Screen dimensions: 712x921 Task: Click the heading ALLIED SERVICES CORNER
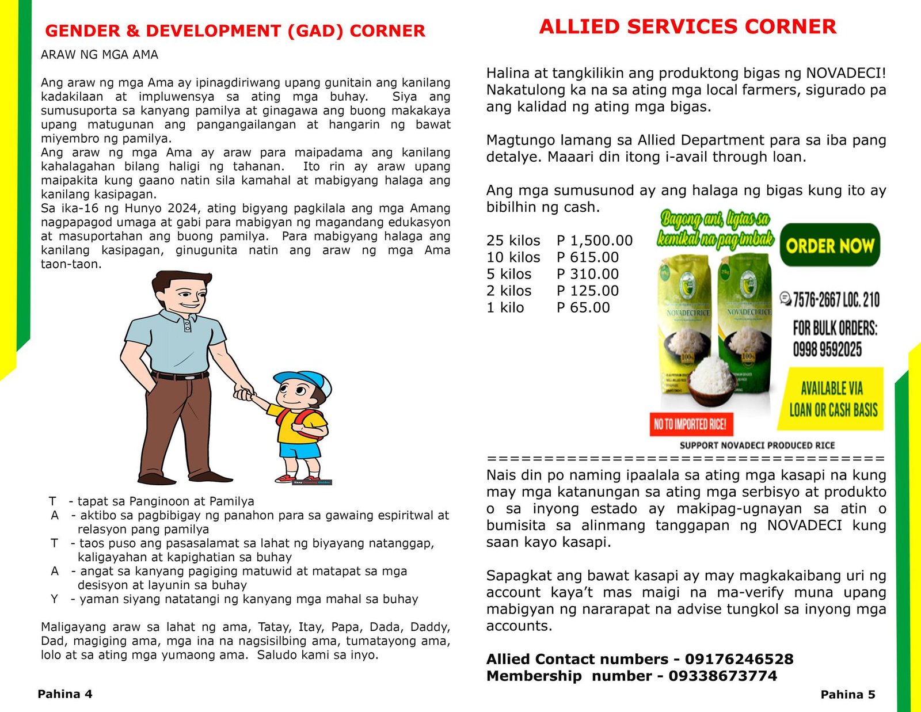tap(687, 27)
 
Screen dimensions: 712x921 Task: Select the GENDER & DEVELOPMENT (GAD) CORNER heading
tap(235, 31)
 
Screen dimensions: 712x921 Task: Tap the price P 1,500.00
tap(594, 241)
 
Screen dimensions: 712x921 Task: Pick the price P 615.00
tap(587, 257)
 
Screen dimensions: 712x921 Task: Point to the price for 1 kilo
tap(583, 307)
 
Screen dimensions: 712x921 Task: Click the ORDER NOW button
tap(829, 246)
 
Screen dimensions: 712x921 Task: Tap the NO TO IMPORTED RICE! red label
tap(690, 425)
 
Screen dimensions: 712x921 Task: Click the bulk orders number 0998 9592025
tap(827, 349)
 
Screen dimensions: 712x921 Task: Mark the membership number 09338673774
tap(722, 676)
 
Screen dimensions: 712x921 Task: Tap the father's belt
tap(181, 376)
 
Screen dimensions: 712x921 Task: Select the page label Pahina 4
tap(64, 694)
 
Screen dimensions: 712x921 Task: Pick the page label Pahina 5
tap(847, 695)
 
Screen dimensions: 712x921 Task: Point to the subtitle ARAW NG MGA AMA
tap(99, 55)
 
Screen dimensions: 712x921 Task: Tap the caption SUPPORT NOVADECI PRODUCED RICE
tap(756, 446)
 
